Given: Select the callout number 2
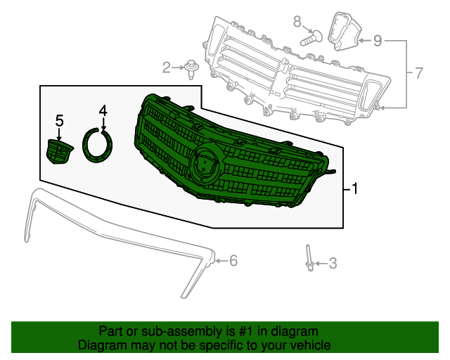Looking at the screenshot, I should [167, 67].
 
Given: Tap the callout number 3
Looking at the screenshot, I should [333, 264].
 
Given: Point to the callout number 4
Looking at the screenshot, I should [103, 110].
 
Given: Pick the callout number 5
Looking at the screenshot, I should [60, 120].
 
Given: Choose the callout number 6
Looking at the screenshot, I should [233, 261].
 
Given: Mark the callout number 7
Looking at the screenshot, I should [418, 72].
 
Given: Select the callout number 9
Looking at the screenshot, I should [378, 41].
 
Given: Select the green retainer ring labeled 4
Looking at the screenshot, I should [98, 145].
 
